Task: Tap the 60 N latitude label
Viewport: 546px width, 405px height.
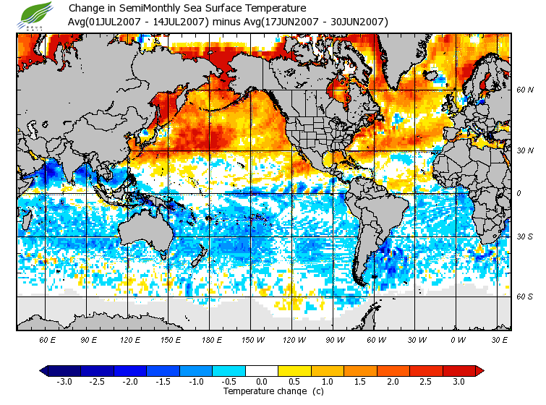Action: click(524, 90)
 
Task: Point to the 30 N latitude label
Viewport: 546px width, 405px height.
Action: click(524, 150)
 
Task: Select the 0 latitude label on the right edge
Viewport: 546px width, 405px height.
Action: click(519, 193)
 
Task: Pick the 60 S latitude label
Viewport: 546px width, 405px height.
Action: click(524, 297)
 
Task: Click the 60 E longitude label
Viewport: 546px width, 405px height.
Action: click(47, 339)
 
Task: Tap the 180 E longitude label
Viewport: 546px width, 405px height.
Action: click(211, 339)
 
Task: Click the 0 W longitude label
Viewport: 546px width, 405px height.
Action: click(457, 339)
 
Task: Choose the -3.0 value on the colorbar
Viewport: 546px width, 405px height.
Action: click(64, 382)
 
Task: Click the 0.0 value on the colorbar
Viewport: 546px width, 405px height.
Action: click(262, 382)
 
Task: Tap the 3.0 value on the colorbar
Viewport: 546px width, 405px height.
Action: click(459, 382)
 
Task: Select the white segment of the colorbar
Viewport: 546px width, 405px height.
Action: click(262, 371)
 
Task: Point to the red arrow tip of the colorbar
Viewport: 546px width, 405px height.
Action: click(479, 371)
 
